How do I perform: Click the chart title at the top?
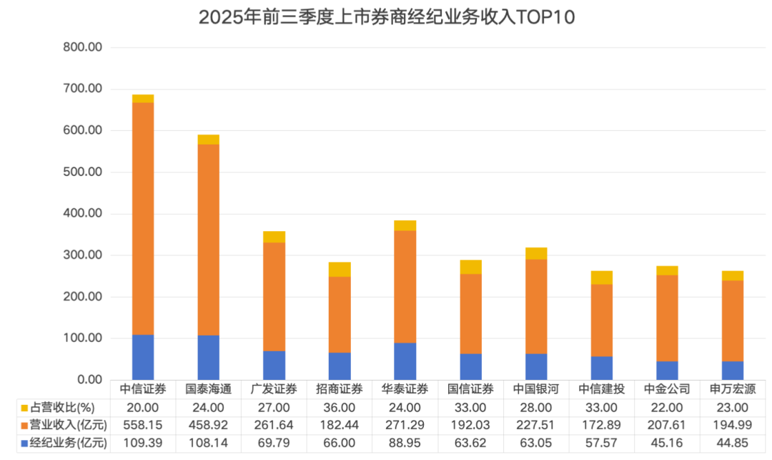click(387, 17)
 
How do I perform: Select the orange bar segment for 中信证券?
click(143, 218)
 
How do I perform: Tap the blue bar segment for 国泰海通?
click(208, 357)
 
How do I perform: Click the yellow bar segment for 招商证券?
click(340, 269)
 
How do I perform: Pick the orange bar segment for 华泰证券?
click(405, 286)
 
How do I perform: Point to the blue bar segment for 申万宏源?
click(733, 370)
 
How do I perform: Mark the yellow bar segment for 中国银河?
click(536, 253)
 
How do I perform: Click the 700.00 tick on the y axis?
click(83, 89)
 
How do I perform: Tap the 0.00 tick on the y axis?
click(89, 379)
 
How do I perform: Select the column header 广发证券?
click(274, 389)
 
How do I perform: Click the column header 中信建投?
click(601, 389)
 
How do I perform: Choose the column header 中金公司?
click(667, 389)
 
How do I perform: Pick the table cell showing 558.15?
click(143, 426)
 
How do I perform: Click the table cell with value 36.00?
click(340, 408)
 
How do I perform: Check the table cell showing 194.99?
click(733, 426)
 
